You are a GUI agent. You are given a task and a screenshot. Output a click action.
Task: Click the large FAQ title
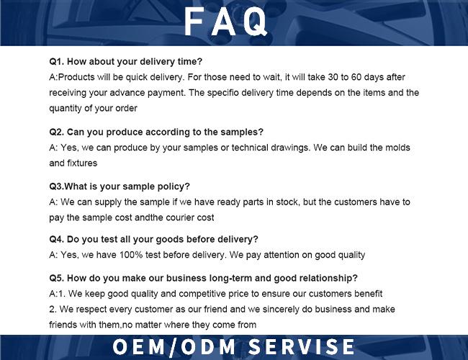[225, 22]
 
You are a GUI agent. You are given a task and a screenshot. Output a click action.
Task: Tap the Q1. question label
[57, 61]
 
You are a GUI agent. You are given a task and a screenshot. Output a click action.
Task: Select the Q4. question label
[57, 240]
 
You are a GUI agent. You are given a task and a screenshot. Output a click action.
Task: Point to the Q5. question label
[57, 278]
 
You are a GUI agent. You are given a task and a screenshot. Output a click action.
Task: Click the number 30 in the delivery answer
[333, 77]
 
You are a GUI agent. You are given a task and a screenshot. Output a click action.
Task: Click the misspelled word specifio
[223, 93]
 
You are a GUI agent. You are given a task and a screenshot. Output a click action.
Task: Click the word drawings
[290, 148]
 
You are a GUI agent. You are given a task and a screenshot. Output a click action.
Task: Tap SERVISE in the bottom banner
[301, 346]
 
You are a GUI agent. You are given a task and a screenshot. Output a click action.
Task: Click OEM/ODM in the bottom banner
[174, 347]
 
